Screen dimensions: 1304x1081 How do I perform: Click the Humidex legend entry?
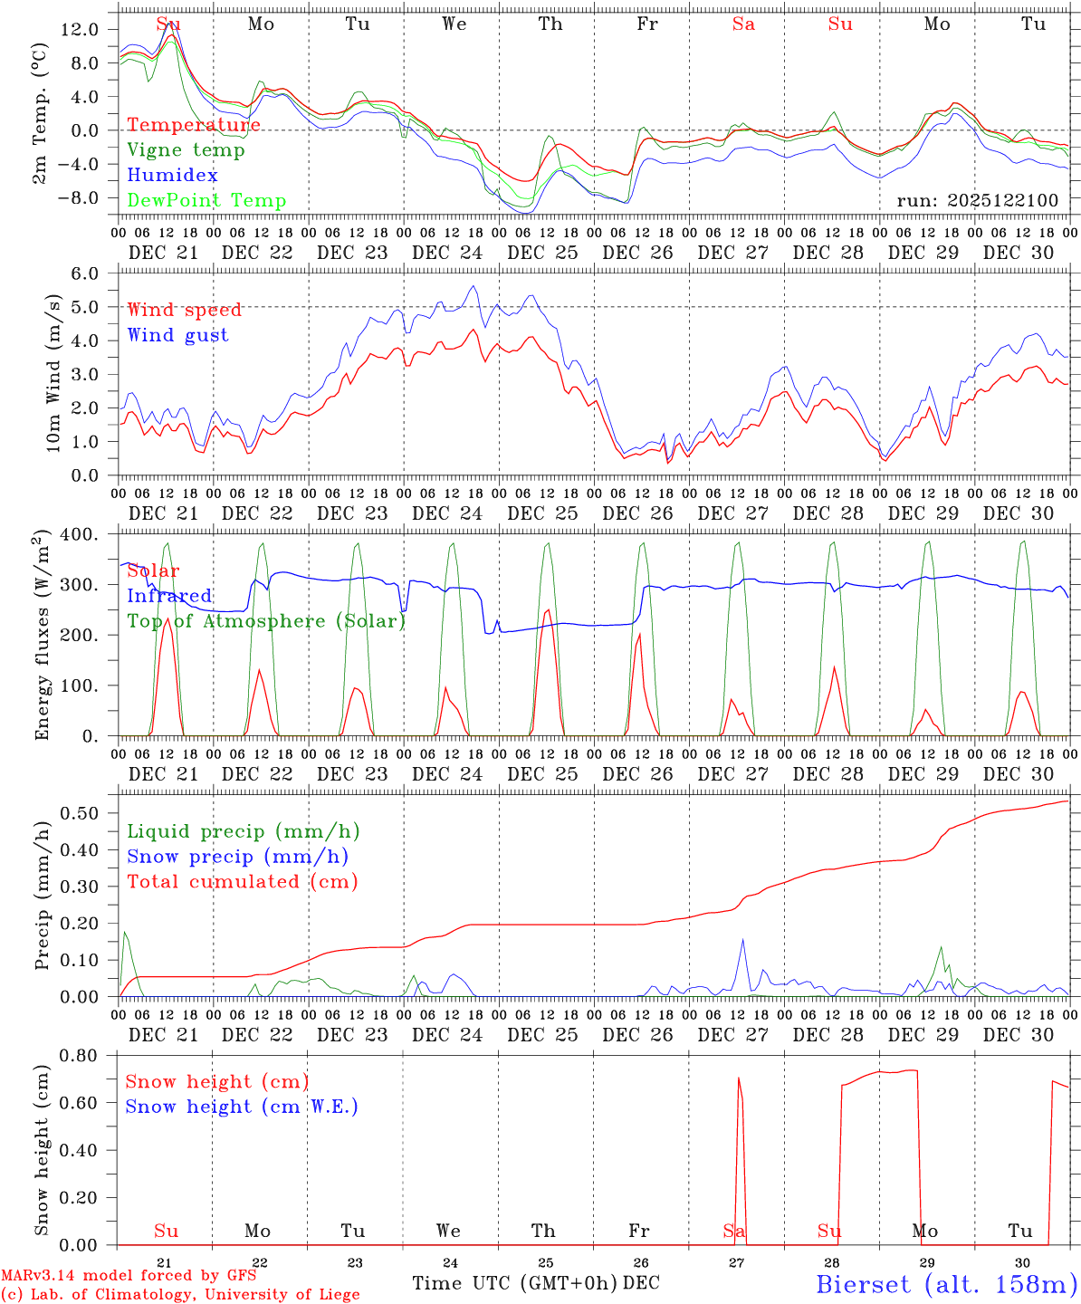172,176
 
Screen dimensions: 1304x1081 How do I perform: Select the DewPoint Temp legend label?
206,201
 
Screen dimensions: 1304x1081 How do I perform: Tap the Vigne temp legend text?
186,150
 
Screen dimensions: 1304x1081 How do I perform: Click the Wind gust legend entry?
177,335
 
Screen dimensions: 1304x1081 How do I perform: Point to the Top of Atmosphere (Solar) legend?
266,621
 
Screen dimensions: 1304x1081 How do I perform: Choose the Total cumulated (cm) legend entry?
242,881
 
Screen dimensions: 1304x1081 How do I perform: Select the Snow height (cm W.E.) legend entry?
242,1107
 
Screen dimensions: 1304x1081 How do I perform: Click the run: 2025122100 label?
977,201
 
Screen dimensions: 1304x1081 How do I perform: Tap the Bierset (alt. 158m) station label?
946,1283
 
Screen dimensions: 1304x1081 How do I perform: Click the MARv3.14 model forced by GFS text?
129,1276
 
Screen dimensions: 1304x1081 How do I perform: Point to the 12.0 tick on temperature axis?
80,29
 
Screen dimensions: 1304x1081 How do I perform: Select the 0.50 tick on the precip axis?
80,813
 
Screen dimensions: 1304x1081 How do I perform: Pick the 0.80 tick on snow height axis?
80,1055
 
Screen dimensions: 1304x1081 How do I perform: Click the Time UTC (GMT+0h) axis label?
514,1283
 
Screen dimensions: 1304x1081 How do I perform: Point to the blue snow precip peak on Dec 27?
743,939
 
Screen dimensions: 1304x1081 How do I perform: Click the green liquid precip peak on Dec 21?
125,932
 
